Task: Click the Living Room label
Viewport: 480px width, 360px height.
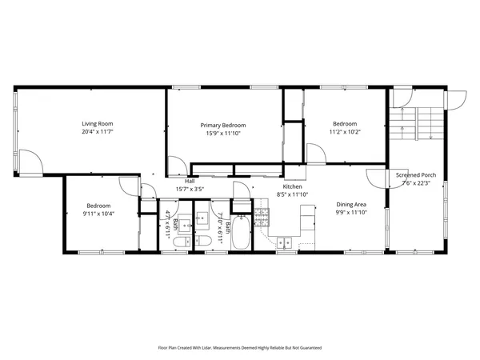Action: (98, 124)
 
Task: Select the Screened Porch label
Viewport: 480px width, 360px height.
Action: (416, 174)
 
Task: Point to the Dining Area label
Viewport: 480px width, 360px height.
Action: (350, 204)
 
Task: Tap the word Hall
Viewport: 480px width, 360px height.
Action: (190, 181)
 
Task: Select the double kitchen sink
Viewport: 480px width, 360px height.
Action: (284, 243)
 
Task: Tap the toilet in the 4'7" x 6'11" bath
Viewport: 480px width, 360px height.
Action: (182, 241)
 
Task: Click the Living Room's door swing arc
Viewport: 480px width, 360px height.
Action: (30, 162)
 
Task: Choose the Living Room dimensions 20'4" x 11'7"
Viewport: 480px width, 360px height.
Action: (98, 133)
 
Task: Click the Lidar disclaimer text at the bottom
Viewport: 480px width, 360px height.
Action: (240, 348)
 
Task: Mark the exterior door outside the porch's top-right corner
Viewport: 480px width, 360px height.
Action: (456, 99)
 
